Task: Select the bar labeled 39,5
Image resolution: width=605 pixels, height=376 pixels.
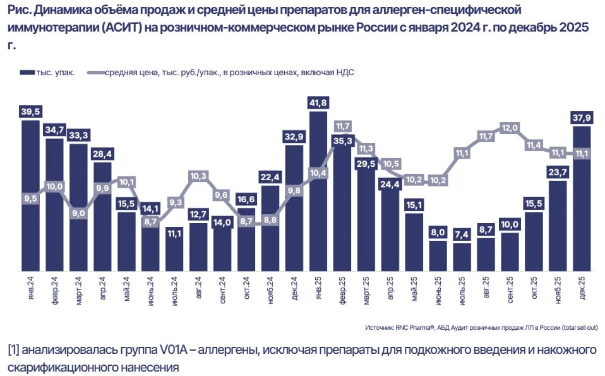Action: coord(30,196)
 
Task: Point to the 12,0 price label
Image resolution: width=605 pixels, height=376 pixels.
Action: coord(510,128)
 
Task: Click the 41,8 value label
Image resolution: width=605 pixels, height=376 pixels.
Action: coord(318,103)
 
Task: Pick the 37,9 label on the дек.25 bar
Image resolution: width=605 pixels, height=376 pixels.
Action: coord(582,118)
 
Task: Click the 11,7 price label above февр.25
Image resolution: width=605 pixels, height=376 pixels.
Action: coord(343,126)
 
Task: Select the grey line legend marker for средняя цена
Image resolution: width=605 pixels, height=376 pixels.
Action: coord(96,73)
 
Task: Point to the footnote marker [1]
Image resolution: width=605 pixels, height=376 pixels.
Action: coord(13,349)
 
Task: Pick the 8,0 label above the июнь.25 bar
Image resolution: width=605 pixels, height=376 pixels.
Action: coord(438,232)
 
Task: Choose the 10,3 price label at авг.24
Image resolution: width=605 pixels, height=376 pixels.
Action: coord(198,176)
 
